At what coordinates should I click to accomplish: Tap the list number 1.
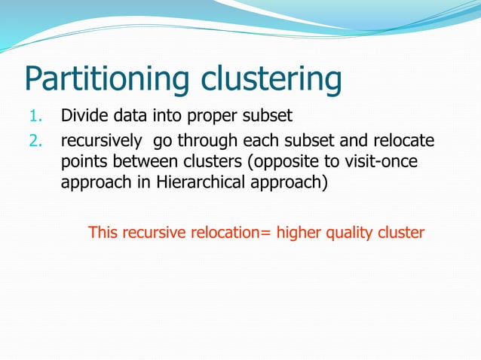36,117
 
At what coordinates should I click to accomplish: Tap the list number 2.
35,143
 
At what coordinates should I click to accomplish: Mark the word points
82,163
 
